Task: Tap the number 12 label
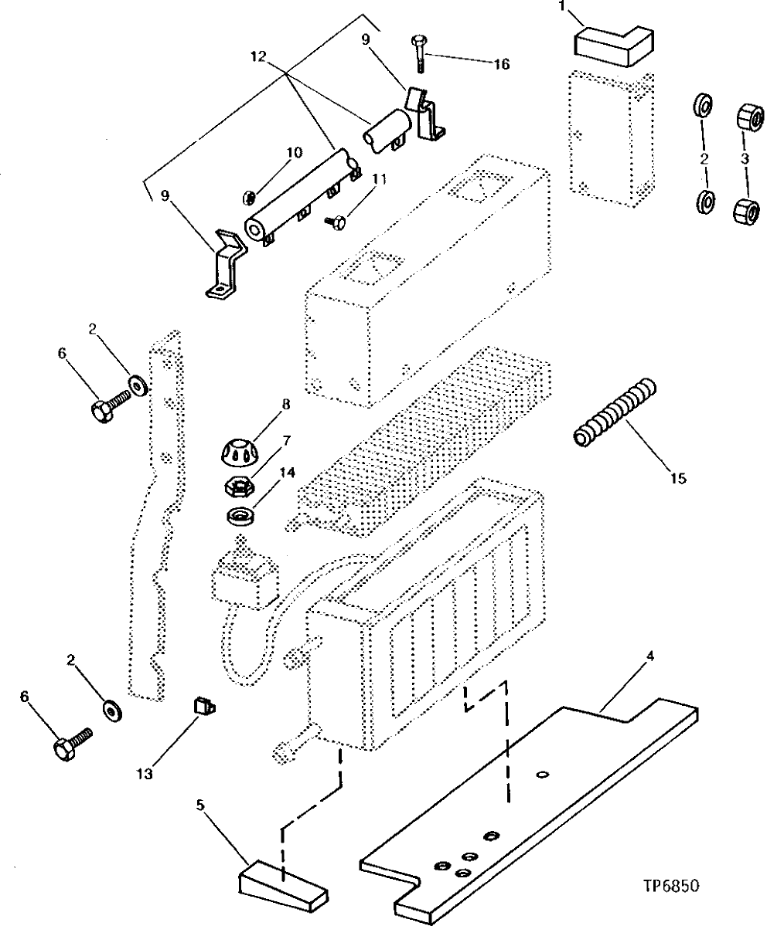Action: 258,56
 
